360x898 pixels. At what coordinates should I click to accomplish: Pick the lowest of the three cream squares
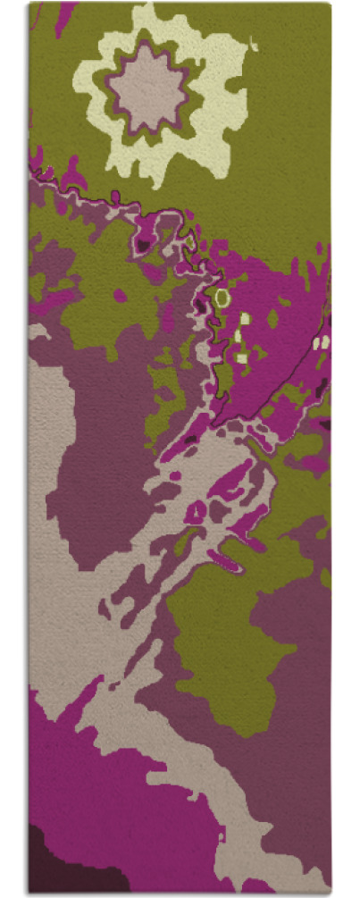[x=242, y=357]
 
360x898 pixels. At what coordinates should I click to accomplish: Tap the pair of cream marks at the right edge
[x=322, y=341]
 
